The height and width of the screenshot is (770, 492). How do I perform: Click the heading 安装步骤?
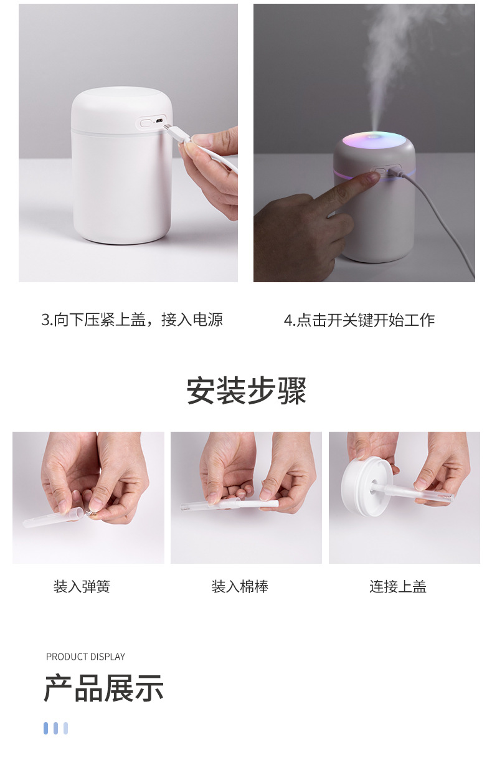[x=246, y=391]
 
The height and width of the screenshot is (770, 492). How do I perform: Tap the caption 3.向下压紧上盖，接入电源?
[x=132, y=320]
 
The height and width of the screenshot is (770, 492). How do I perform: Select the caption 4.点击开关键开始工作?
[x=359, y=320]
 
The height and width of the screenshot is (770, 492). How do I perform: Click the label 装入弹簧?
[x=82, y=587]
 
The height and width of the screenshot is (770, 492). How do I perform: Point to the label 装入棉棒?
[x=240, y=587]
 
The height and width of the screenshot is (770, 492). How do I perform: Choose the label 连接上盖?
[x=398, y=587]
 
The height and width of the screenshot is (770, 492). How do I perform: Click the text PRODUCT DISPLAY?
[x=85, y=657]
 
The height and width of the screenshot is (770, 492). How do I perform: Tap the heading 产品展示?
[x=103, y=688]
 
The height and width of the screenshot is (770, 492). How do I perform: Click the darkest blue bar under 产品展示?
[x=45, y=728]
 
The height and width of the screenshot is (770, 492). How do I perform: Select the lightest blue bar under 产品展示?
[x=66, y=728]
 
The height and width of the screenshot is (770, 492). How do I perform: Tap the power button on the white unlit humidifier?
[x=146, y=123]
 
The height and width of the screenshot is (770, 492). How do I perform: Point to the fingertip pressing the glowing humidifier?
[x=370, y=178]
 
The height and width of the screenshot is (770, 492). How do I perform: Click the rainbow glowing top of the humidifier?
[x=374, y=140]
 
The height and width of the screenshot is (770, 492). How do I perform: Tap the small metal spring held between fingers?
[x=92, y=513]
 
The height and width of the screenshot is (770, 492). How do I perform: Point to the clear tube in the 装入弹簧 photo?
[x=53, y=518]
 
